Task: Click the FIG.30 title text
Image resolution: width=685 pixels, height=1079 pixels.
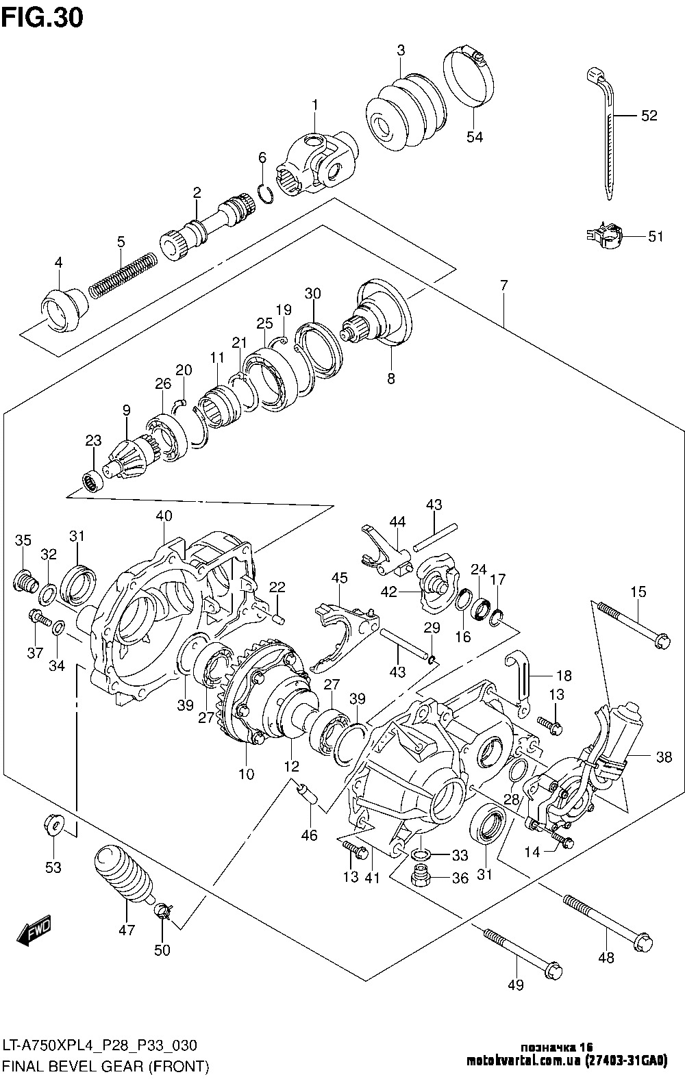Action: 42,17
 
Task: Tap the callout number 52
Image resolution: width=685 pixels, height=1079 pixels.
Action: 648,116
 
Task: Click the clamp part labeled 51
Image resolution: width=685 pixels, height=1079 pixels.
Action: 604,236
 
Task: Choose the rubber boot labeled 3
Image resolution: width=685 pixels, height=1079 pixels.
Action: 401,110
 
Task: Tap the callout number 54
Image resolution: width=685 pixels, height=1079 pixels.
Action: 475,137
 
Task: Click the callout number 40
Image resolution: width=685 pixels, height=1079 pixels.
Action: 164,516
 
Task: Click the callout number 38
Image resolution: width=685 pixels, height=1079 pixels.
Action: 664,757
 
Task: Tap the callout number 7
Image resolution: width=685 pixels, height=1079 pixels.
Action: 503,286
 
